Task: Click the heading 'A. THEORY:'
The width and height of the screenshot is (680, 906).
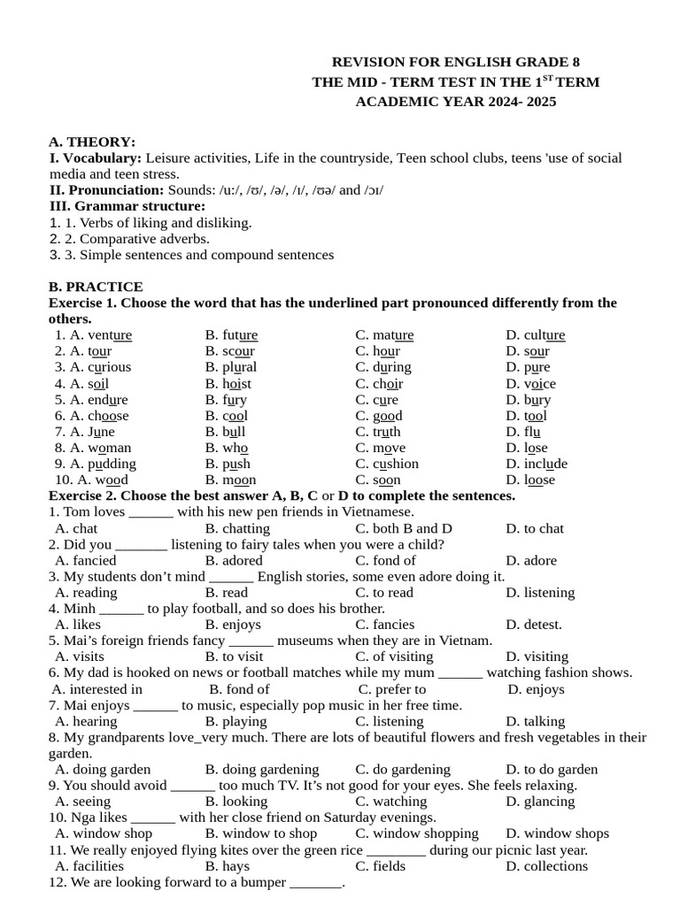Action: click(92, 142)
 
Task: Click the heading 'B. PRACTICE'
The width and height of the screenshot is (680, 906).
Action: click(96, 287)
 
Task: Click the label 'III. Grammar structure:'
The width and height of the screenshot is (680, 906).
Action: click(127, 206)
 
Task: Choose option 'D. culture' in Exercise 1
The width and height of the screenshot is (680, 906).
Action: click(535, 335)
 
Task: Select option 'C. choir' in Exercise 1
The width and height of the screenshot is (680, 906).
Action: click(379, 384)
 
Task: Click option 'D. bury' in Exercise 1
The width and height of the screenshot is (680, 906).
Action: click(528, 400)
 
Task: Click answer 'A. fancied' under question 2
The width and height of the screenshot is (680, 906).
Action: click(85, 560)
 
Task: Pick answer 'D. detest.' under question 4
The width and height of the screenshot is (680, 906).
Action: click(534, 625)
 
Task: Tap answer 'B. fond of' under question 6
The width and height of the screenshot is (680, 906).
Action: click(239, 689)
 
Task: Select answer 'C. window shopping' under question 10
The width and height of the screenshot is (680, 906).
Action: click(416, 833)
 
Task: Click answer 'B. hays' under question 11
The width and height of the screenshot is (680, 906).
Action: click(227, 866)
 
